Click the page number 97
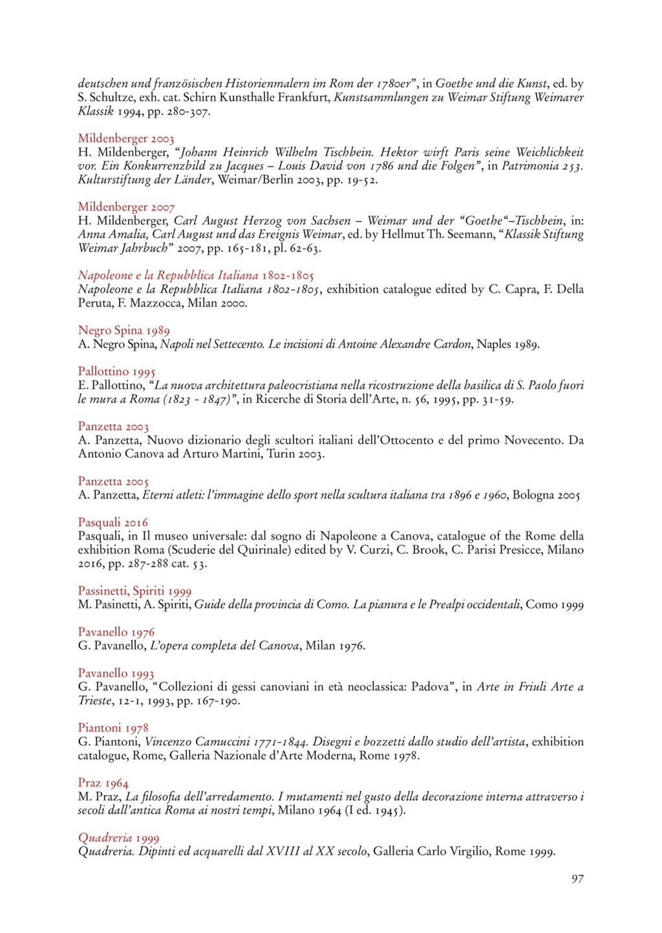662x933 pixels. coord(577,879)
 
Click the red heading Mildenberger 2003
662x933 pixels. coord(126,139)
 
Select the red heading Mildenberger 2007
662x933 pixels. coord(126,207)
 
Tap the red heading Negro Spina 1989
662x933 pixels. coord(123,331)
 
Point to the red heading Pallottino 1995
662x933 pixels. coord(116,372)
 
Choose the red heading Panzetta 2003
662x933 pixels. coord(113,427)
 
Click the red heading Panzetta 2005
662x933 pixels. coord(113,482)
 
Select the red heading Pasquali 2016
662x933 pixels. coord(112,522)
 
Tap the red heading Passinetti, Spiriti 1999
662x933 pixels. coord(134,591)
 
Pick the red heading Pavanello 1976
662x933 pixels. coord(116,632)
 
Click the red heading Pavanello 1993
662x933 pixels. coord(116,673)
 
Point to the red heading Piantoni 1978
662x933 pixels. coord(113,728)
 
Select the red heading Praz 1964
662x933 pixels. coord(103,783)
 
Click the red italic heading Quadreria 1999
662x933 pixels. coord(118,838)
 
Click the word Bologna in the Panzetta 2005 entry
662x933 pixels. coord(533,495)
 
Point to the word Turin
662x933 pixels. coord(281,454)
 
